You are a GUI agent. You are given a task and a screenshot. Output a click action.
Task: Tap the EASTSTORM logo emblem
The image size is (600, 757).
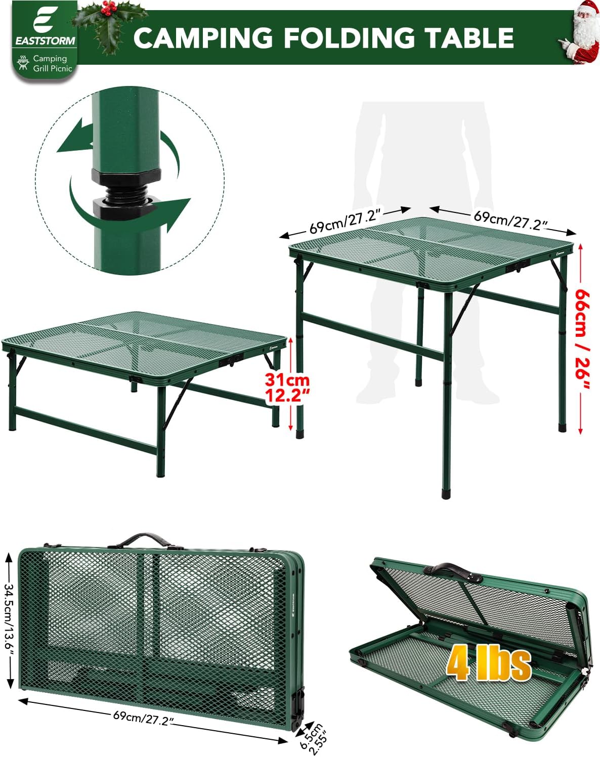pos(44,21)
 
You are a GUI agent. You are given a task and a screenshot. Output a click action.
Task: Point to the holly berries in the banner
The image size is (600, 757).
pos(108,8)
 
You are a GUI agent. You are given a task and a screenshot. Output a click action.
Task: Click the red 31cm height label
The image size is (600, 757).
pos(287,387)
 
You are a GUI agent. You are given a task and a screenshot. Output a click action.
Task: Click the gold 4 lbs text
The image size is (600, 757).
pos(488,663)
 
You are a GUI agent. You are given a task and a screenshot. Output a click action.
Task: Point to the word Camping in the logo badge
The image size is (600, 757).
pos(50,58)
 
